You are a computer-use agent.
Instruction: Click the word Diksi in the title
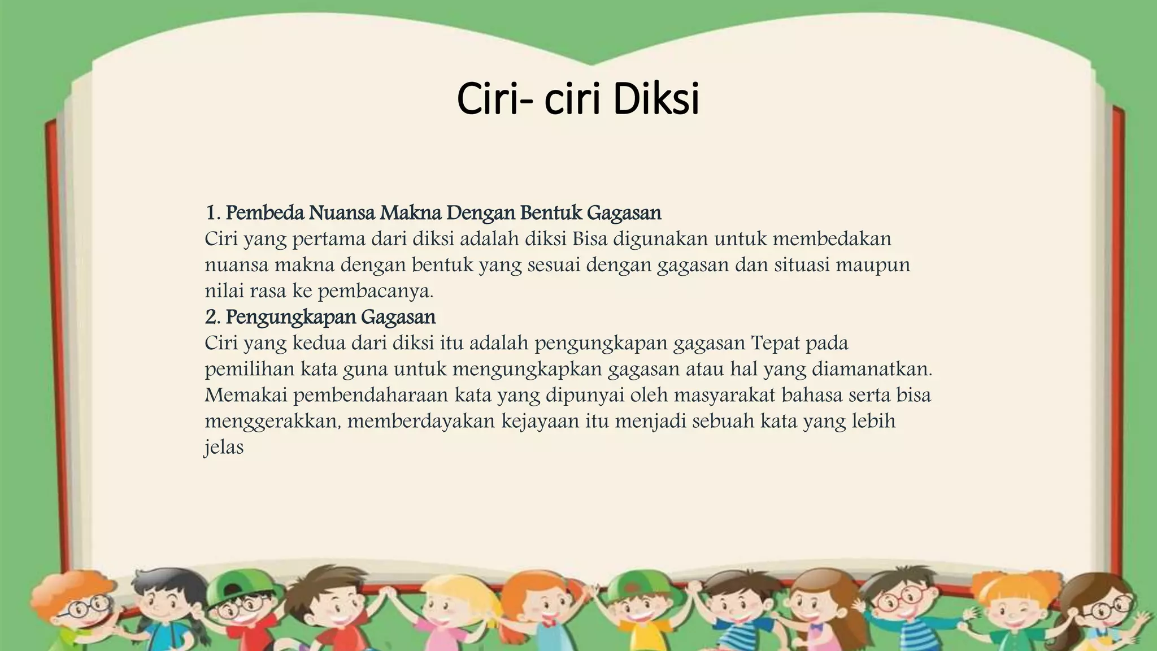tap(656, 99)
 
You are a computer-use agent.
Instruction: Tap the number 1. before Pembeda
tap(212, 213)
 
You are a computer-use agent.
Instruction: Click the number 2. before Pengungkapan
tap(212, 317)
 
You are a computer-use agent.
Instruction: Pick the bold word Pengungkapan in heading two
tap(290, 317)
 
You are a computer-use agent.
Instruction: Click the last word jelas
tap(224, 448)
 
